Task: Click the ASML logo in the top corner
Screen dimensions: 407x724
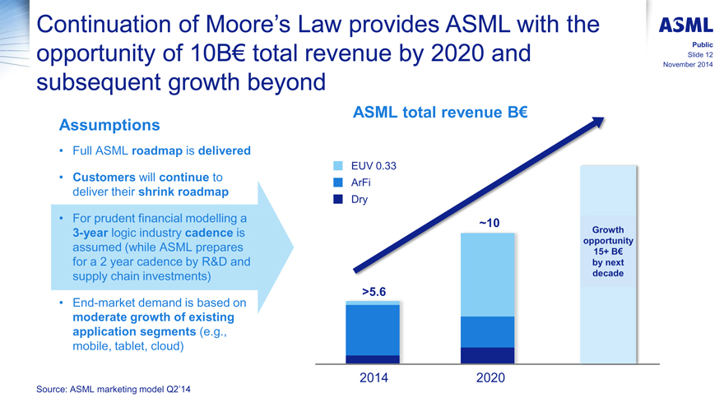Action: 685,24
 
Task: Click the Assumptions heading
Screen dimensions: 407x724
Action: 109,125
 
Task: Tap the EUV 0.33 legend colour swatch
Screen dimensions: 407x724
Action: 339,166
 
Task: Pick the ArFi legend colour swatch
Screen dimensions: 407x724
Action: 339,182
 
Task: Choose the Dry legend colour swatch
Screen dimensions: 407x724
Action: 339,198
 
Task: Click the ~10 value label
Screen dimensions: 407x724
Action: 488,223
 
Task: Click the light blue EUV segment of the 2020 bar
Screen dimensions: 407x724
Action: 488,275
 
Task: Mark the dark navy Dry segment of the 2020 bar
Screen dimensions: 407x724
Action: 488,355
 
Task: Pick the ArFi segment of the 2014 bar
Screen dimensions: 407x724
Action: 373,329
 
